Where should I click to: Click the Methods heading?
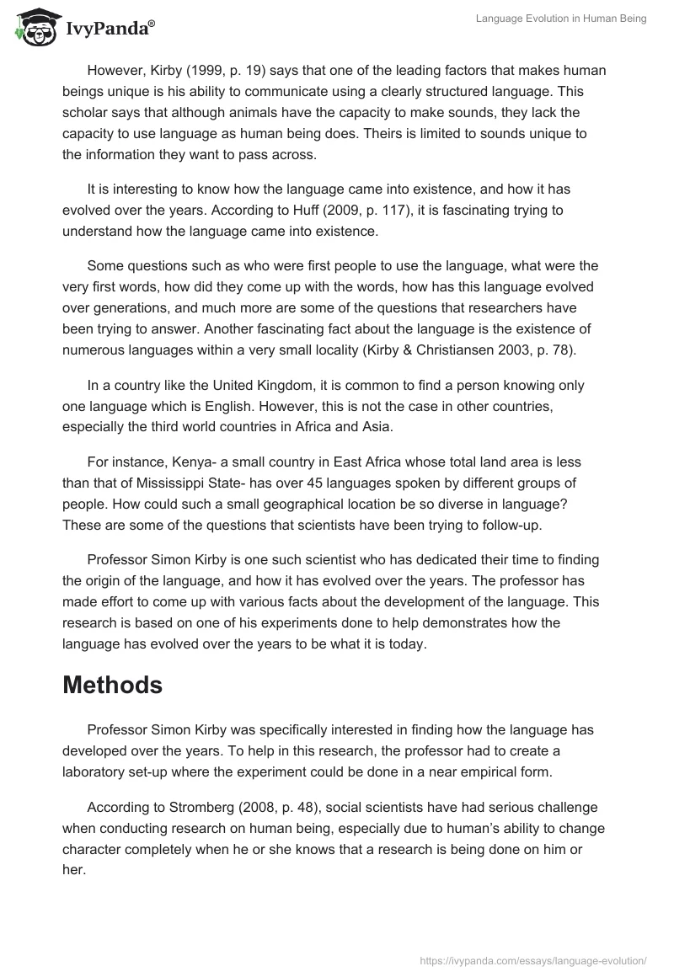click(112, 685)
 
